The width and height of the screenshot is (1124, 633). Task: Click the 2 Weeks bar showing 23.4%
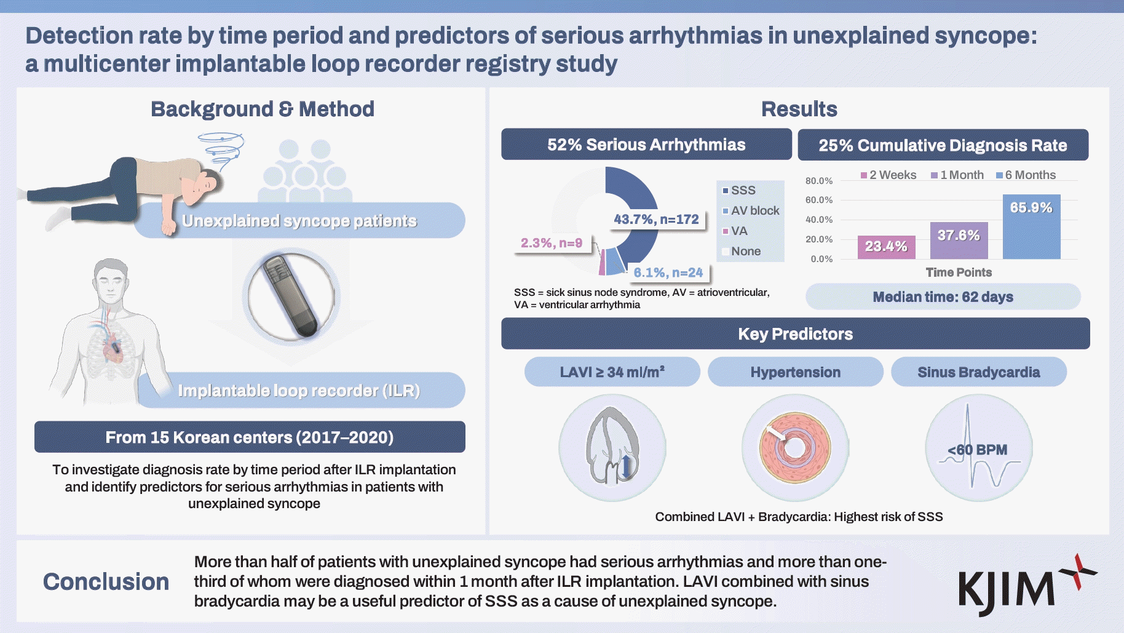[886, 247]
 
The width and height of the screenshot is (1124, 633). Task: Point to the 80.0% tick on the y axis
[819, 181]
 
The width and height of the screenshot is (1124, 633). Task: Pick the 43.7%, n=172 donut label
[656, 220]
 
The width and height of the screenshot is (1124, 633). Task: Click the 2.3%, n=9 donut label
[552, 243]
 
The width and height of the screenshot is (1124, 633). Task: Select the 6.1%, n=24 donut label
[668, 273]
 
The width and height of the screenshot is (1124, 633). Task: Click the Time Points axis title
[959, 273]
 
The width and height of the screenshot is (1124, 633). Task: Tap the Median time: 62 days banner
[943, 297]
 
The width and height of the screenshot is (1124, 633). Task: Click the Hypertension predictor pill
[795, 372]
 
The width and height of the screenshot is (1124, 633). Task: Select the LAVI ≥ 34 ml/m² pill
[612, 372]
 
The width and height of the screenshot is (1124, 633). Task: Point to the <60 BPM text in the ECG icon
[977, 450]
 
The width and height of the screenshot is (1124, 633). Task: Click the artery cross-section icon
[795, 447]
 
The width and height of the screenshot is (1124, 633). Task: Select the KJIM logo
[1024, 584]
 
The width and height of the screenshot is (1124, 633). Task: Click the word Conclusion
[106, 582]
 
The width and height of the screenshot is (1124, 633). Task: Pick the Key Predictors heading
[795, 334]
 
